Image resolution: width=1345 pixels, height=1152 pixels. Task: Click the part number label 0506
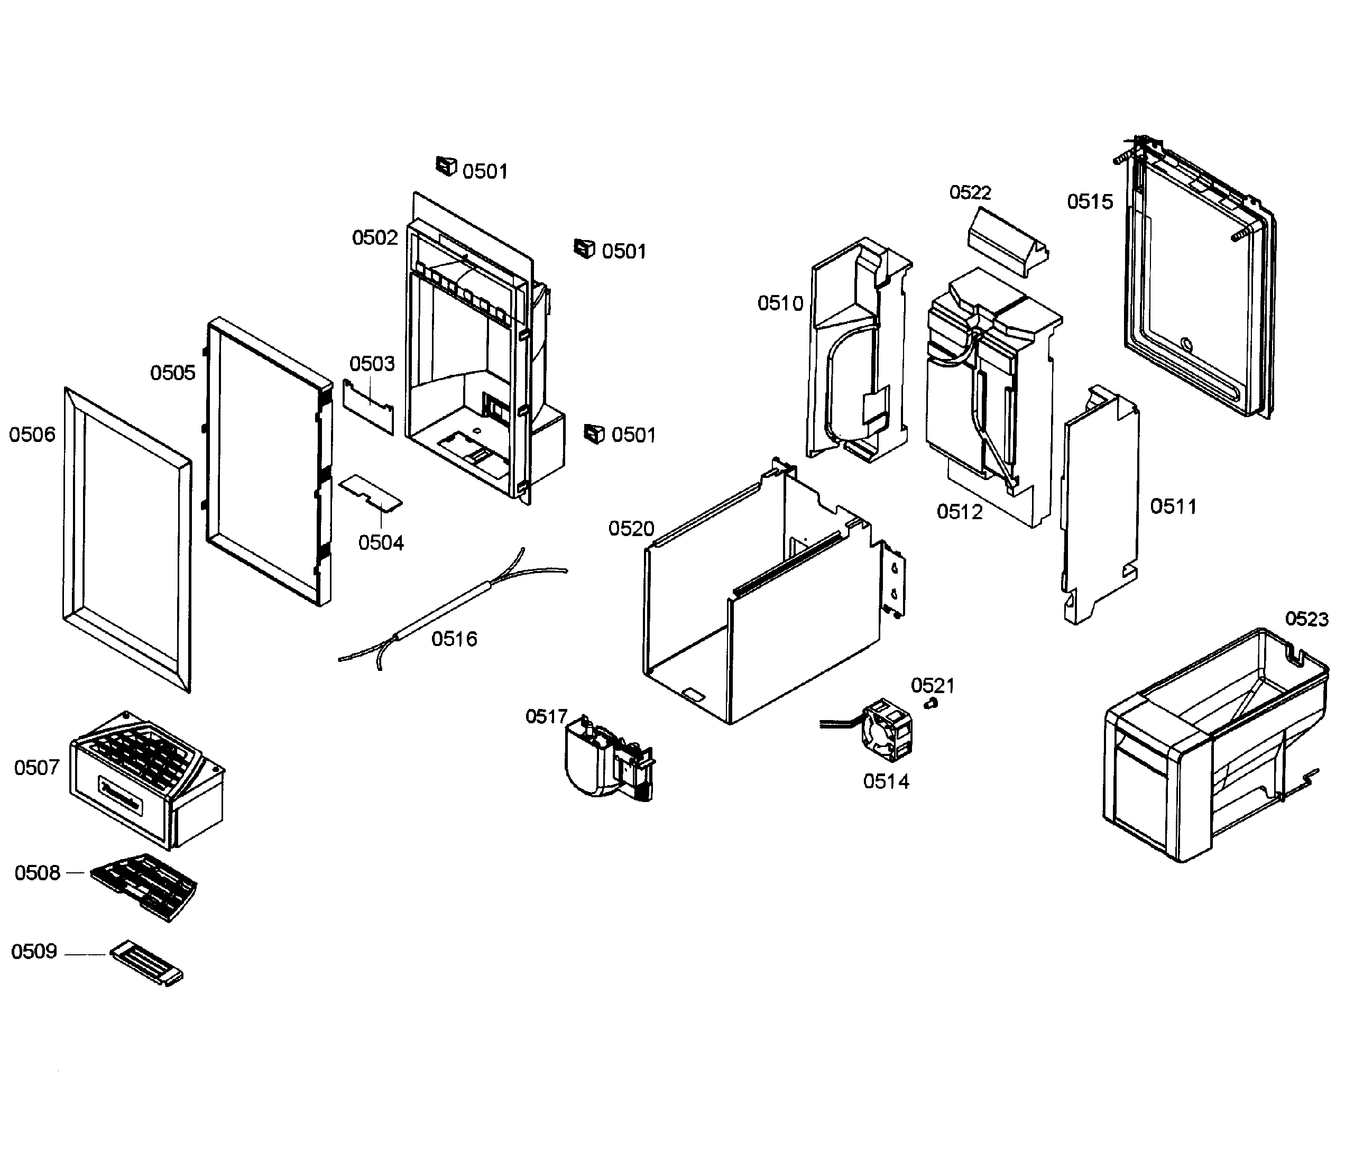pos(32,435)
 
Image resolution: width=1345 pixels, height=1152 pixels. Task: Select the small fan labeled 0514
pos(887,731)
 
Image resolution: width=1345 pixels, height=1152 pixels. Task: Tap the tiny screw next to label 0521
pos(932,704)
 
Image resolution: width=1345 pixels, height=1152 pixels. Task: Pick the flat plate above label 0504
pos(371,491)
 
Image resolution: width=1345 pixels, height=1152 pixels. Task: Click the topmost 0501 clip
pos(446,167)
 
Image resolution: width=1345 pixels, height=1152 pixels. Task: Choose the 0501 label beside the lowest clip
pos(633,435)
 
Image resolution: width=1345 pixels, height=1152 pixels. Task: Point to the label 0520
pos(631,529)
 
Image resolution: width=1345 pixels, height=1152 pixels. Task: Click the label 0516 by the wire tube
pos(454,639)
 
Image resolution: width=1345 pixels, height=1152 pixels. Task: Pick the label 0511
pos(1173,507)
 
